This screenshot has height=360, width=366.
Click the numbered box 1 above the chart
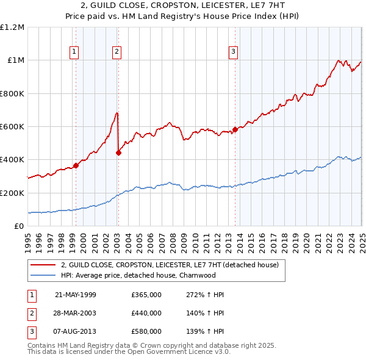point(73,52)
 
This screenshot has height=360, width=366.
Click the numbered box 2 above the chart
point(116,52)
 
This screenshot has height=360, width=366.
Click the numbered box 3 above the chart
point(233,52)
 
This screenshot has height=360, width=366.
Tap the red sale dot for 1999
point(76,165)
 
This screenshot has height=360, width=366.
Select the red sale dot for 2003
point(118,153)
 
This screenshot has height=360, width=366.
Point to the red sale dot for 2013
point(235,129)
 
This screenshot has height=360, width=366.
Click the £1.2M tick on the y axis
point(12,27)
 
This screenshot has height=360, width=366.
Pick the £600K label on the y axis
point(12,127)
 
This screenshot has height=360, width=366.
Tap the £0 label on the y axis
point(18,226)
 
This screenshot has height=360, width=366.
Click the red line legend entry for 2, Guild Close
point(170,265)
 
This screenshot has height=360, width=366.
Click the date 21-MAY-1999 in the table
point(76,295)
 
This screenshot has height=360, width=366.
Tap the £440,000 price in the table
point(146,313)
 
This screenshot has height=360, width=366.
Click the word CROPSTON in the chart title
point(161,5)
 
